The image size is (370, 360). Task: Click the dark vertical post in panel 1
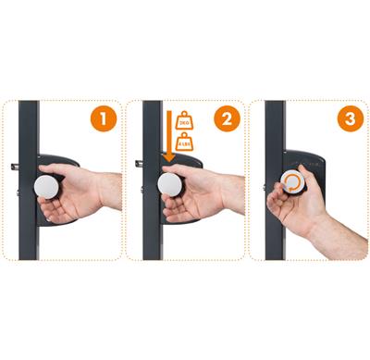(x=29, y=231)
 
